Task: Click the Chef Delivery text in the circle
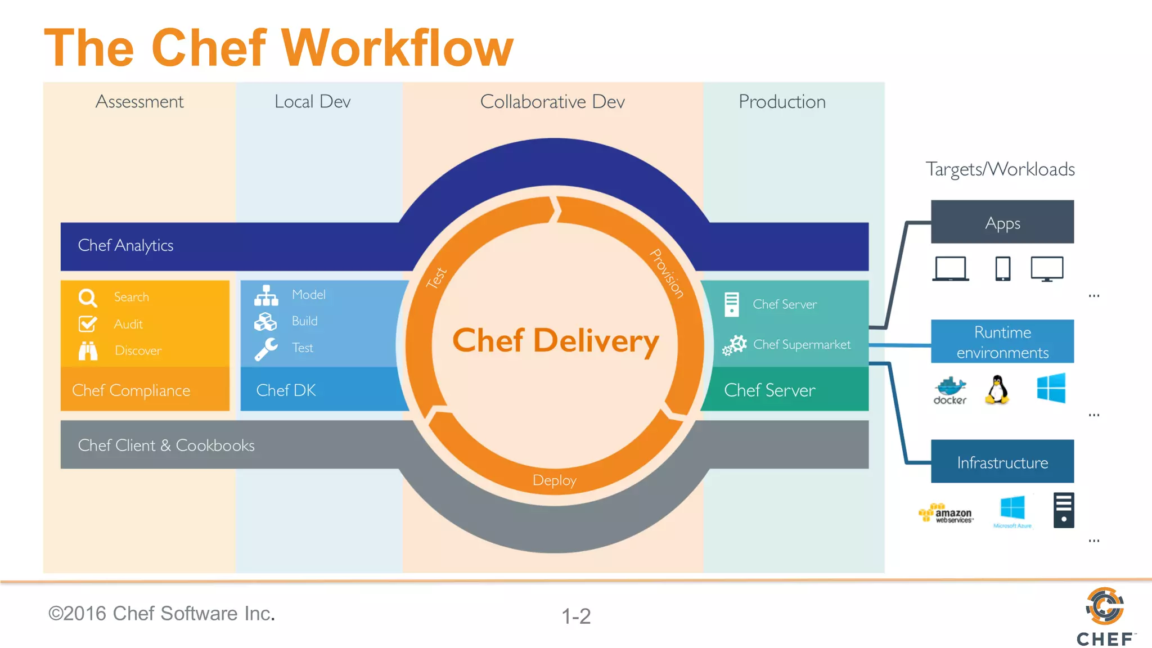pyautogui.click(x=556, y=341)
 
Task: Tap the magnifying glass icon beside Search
pyautogui.click(x=88, y=298)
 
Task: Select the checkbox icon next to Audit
pyautogui.click(x=88, y=324)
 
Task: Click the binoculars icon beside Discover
pyautogui.click(x=88, y=350)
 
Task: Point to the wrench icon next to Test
pyautogui.click(x=266, y=349)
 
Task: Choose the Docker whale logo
pyautogui.click(x=950, y=390)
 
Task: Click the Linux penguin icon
pyautogui.click(x=997, y=389)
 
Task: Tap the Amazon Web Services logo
pyautogui.click(x=946, y=513)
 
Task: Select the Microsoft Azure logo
pyautogui.click(x=1012, y=511)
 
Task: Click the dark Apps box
pyautogui.click(x=1002, y=222)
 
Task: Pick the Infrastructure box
pyautogui.click(x=1002, y=462)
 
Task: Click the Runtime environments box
pyautogui.click(x=1002, y=342)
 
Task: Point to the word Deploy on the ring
pyautogui.click(x=555, y=480)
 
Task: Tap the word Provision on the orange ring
pyautogui.click(x=667, y=273)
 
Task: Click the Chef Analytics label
pyautogui.click(x=125, y=246)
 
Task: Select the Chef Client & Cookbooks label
pyautogui.click(x=166, y=445)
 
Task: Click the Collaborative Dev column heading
pyautogui.click(x=552, y=102)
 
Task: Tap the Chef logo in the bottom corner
pyautogui.click(x=1105, y=616)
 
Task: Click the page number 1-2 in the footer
pyautogui.click(x=576, y=616)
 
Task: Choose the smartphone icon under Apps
pyautogui.click(x=1002, y=269)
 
